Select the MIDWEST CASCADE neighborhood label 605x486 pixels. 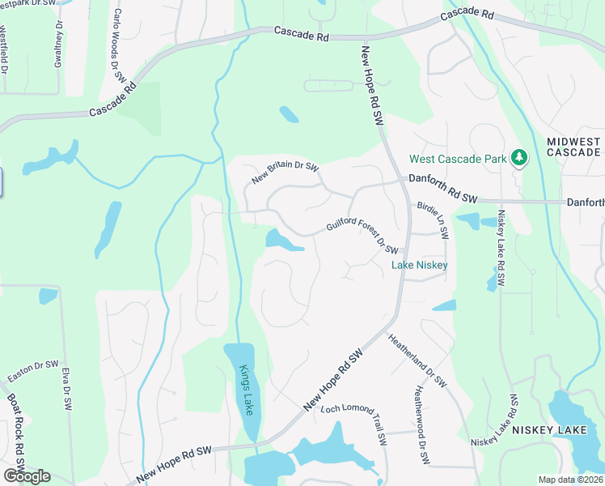[x=574, y=147]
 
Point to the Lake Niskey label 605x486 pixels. [x=420, y=265]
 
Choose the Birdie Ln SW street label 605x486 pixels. [x=433, y=220]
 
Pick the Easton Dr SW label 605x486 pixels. [x=33, y=373]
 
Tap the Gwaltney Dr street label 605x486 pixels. [x=58, y=45]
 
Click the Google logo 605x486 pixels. [x=27, y=476]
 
